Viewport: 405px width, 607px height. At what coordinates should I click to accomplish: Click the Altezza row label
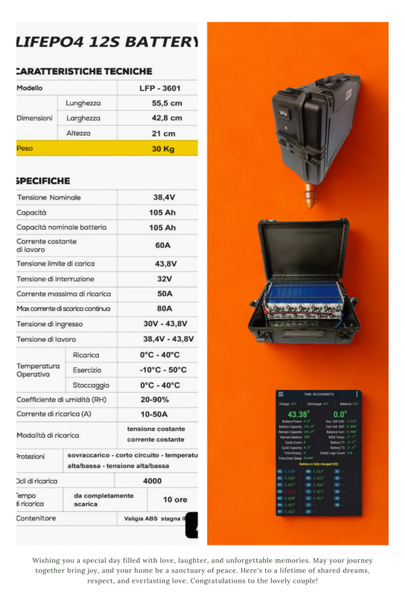(x=79, y=134)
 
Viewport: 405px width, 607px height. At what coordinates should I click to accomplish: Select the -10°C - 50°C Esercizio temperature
(x=163, y=370)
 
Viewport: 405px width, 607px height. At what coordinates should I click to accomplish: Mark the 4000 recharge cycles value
(x=152, y=480)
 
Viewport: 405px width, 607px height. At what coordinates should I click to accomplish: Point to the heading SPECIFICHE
(x=43, y=181)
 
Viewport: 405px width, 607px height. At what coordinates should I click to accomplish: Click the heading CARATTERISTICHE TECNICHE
(x=84, y=71)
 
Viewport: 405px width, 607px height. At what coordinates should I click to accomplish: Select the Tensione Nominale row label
(x=49, y=197)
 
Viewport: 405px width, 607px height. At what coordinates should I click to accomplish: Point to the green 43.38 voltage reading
(x=298, y=414)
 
